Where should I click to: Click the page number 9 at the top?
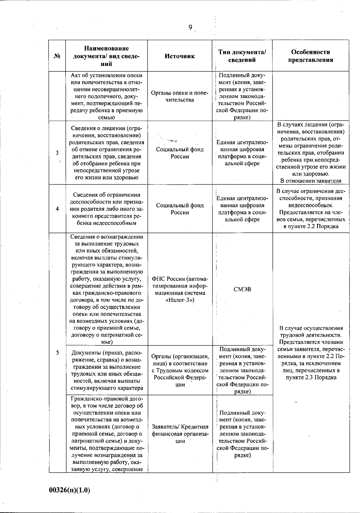coord(190,27)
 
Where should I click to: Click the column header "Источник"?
coord(179,56)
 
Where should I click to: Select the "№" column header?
coord(57,56)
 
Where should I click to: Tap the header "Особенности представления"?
coord(310,56)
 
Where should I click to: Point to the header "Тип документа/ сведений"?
coord(242,56)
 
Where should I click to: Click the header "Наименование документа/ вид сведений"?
coord(106,56)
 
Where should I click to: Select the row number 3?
coord(57,153)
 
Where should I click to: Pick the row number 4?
coord(57,209)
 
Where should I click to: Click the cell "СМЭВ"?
coord(242,289)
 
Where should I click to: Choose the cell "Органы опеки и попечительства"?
coord(180,96)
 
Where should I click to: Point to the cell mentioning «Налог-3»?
coord(180,289)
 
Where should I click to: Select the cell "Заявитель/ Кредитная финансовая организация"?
coord(180,434)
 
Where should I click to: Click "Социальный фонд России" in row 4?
coord(180,209)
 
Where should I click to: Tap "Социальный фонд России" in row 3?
coord(180,153)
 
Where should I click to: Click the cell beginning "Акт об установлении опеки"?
coord(106,96)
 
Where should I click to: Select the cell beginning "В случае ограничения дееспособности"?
coord(310,209)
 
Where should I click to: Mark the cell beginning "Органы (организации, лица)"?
coord(180,370)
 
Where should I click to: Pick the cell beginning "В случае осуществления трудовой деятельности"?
coord(310,353)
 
